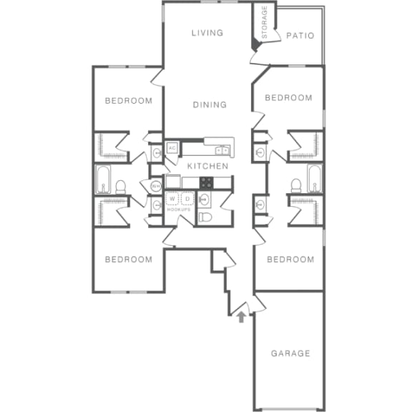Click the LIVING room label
coord(207,33)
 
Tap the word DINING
coord(210,104)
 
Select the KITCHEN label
coord(207,166)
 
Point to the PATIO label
coord(300,35)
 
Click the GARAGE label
coord(290,353)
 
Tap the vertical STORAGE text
coord(264,22)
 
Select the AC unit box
coord(172,148)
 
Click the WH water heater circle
coord(155,186)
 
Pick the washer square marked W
coord(172,199)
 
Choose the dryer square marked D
coord(187,199)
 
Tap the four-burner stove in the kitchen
coord(207,182)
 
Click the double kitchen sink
coord(222,150)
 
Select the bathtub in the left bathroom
coord(103,180)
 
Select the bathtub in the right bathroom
coord(314,179)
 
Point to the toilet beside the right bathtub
coord(295,187)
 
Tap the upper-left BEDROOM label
coord(129,101)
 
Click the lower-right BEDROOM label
coord(290,260)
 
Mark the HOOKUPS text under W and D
coord(179,210)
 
